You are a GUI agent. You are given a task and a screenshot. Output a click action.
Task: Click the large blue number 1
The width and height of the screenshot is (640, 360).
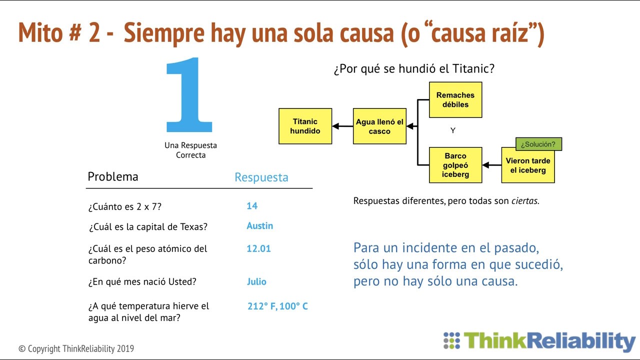pyautogui.click(x=189, y=95)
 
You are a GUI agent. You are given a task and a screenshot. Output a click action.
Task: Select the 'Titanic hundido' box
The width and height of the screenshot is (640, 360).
pyautogui.click(x=305, y=126)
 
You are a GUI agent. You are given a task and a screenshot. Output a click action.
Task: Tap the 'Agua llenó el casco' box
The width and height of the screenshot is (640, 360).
pyautogui.click(x=379, y=126)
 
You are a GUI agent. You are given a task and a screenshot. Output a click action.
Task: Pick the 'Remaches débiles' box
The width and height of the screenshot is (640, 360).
pyautogui.click(x=455, y=100)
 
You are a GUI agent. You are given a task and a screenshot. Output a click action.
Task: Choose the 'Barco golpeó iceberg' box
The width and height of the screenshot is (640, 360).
pyautogui.click(x=455, y=165)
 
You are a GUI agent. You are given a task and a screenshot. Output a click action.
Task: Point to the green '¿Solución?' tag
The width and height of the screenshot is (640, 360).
pyautogui.click(x=538, y=144)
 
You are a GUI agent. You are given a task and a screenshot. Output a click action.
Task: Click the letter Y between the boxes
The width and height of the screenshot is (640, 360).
pyautogui.click(x=453, y=130)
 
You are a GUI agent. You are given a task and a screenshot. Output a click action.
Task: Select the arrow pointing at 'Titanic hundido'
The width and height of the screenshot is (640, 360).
pyautogui.click(x=342, y=126)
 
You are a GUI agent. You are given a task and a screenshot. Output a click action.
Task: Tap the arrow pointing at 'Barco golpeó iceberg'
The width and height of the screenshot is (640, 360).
pyautogui.click(x=491, y=165)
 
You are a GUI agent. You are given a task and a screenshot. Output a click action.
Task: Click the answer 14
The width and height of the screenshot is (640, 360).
pyautogui.click(x=252, y=206)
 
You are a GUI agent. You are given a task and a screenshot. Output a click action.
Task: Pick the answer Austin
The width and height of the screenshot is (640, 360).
pyautogui.click(x=260, y=226)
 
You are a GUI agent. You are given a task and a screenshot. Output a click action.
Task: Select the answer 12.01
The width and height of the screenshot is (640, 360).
pyautogui.click(x=258, y=248)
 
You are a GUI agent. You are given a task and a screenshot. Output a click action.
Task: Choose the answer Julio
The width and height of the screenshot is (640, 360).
pyautogui.click(x=256, y=281)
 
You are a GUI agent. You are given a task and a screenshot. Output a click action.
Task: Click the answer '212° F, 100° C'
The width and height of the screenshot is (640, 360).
pyautogui.click(x=277, y=306)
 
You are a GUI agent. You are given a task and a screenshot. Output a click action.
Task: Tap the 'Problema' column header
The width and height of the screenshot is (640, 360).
pyautogui.click(x=113, y=176)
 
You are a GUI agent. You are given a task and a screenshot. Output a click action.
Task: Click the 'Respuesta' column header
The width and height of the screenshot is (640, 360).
pyautogui.click(x=261, y=177)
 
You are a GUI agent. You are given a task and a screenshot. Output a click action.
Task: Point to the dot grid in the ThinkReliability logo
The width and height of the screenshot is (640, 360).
pyautogui.click(x=451, y=340)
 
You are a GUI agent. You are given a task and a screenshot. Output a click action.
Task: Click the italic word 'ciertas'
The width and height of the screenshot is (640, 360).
pyautogui.click(x=524, y=201)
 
